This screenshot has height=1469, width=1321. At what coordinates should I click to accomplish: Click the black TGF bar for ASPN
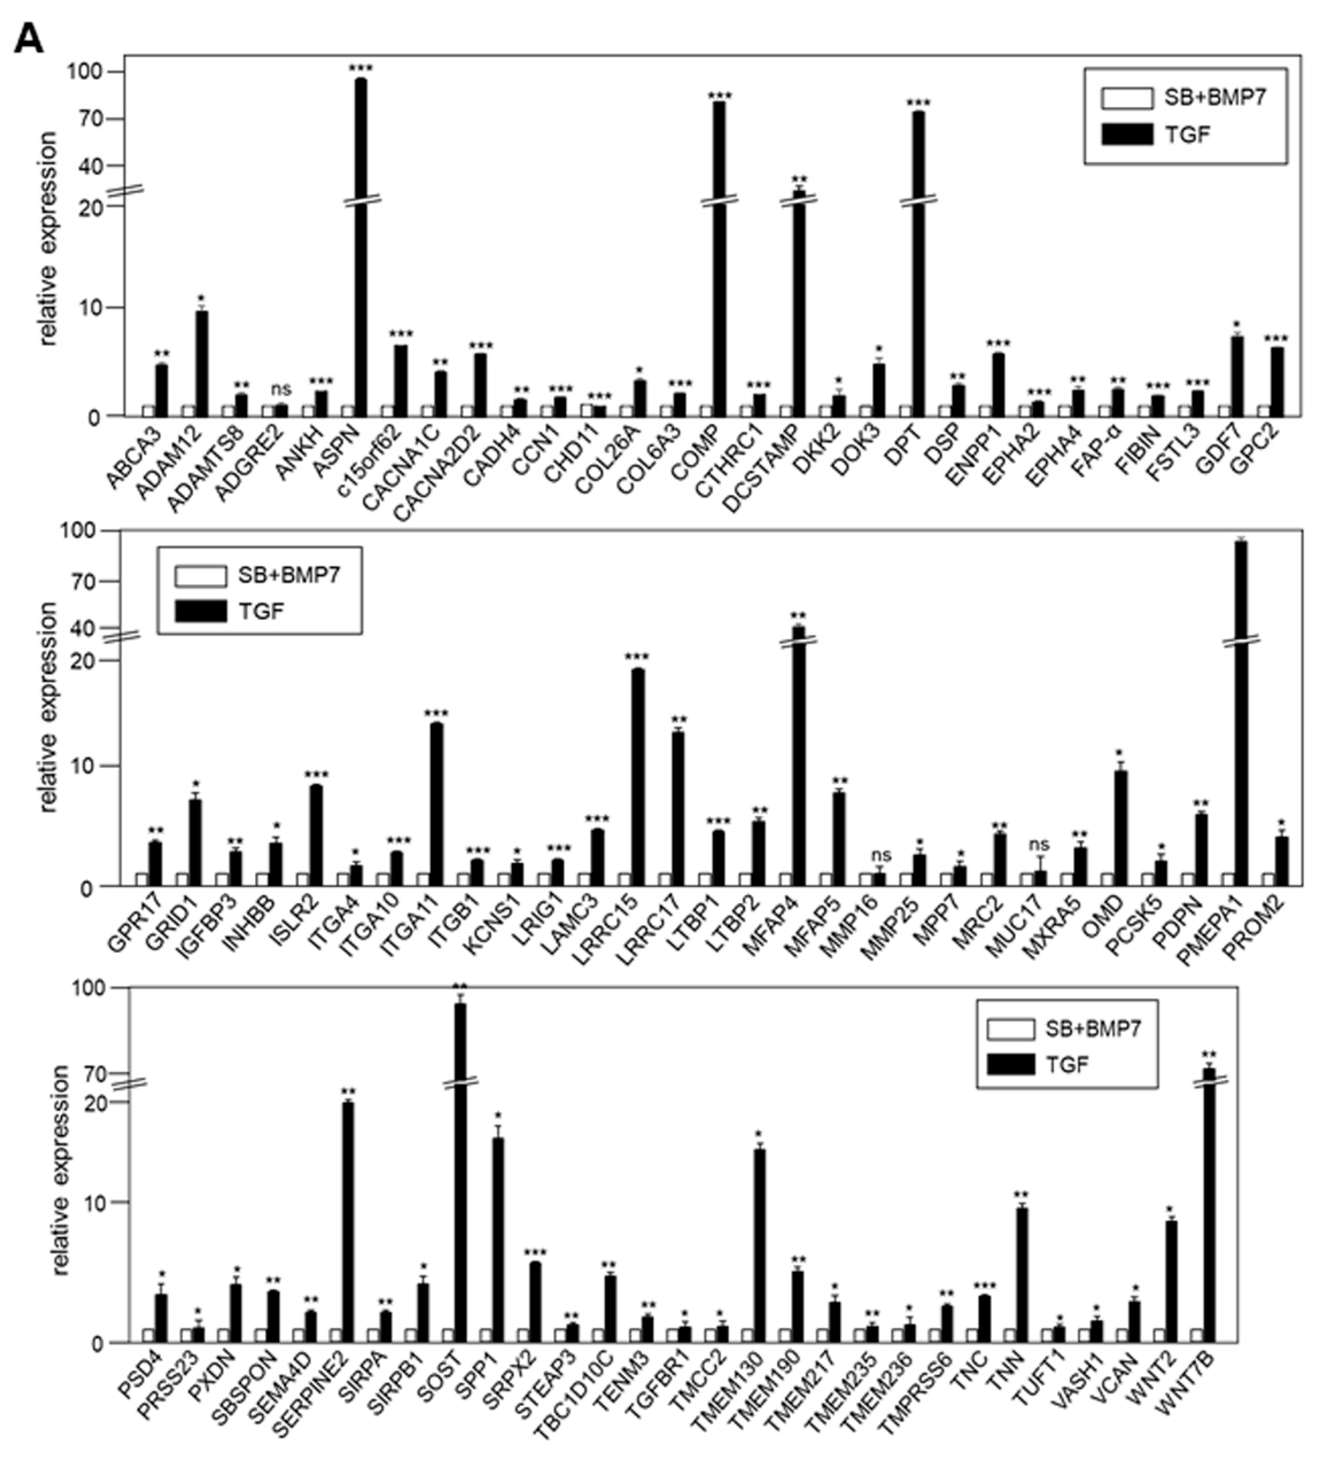tap(361, 247)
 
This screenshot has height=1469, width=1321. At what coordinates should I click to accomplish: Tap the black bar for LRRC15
tap(638, 777)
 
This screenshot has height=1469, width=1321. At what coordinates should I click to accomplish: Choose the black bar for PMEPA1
tap(1241, 711)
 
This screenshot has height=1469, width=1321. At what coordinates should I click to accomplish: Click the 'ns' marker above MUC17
tap(1039, 845)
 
